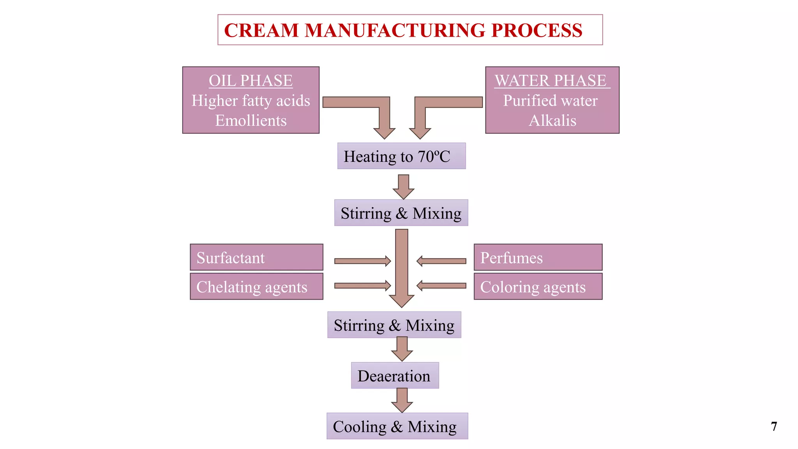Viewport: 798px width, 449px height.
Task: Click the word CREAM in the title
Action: tap(261, 30)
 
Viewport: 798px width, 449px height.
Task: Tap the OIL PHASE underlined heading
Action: tap(251, 81)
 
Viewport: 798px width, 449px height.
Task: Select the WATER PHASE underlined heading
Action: tap(551, 81)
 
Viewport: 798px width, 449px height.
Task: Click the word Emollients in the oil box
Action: tap(251, 121)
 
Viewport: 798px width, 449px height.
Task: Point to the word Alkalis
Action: tap(552, 121)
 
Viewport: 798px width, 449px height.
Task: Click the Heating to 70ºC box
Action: tap(401, 156)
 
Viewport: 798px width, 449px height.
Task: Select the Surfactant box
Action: tap(256, 258)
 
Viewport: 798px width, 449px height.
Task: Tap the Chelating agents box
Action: tap(256, 287)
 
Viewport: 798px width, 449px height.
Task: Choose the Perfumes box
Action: tap(538, 258)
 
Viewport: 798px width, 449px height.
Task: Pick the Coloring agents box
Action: tap(538, 287)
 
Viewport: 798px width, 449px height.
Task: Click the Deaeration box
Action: tap(395, 376)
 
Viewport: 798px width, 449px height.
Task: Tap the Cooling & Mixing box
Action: tap(397, 426)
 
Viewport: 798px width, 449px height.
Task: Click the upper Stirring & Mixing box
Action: tap(401, 213)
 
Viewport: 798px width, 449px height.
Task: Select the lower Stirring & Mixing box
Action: tap(394, 325)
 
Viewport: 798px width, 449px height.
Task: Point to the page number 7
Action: tap(774, 426)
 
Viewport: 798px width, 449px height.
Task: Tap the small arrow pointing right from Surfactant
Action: tap(362, 261)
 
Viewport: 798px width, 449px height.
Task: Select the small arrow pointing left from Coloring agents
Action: tap(441, 286)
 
